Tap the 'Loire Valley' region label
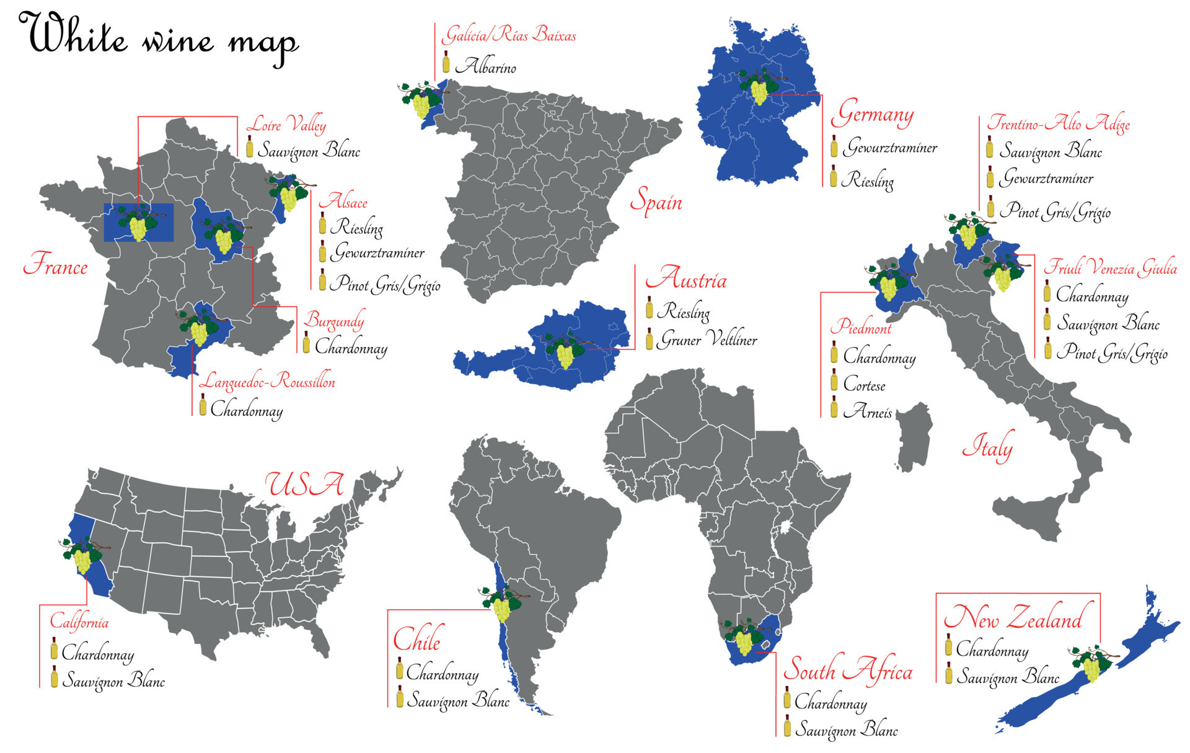pyautogui.click(x=286, y=125)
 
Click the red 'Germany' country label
pyautogui.click(x=872, y=114)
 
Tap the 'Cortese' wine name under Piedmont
pyautogui.click(x=864, y=385)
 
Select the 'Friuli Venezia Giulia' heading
pyautogui.click(x=1110, y=268)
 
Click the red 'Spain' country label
pyautogui.click(x=656, y=201)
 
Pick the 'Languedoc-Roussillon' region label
pyautogui.click(x=267, y=381)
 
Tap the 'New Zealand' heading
pyautogui.click(x=1013, y=618)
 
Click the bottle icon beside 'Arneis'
pyautogui.click(x=834, y=410)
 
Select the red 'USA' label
pyautogui.click(x=304, y=484)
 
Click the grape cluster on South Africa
pyautogui.click(x=744, y=638)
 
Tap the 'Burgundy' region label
pyautogui.click(x=333, y=320)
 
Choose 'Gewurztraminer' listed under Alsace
pyautogui.click(x=378, y=253)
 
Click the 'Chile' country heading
pyautogui.click(x=417, y=639)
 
